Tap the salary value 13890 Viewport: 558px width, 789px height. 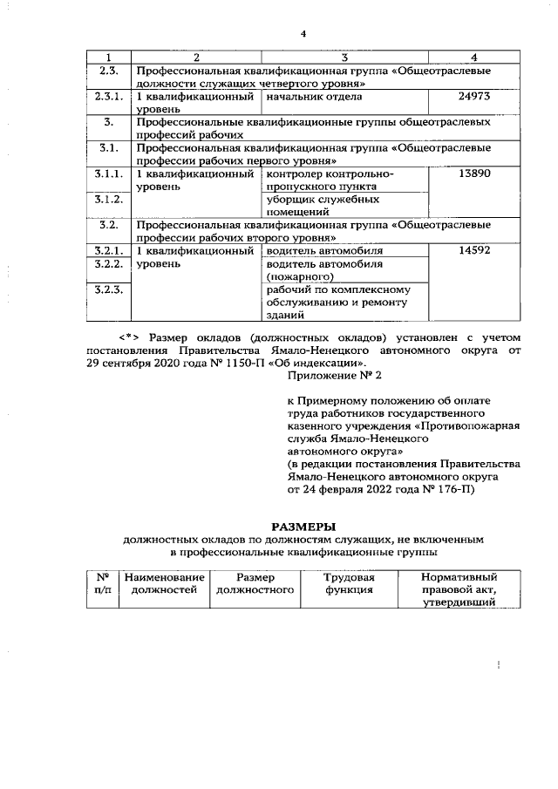pyautogui.click(x=473, y=174)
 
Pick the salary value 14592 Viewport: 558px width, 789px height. pyautogui.click(x=473, y=251)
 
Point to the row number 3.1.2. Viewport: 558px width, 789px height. pyautogui.click(x=109, y=200)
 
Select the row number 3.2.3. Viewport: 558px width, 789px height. pyautogui.click(x=109, y=289)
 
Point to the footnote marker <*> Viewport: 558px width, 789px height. pyautogui.click(x=130, y=337)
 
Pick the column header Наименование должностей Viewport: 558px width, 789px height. pyautogui.click(x=165, y=583)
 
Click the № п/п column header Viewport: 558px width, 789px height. pyautogui.click(x=102, y=583)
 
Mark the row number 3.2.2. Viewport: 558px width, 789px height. pyautogui.click(x=109, y=263)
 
